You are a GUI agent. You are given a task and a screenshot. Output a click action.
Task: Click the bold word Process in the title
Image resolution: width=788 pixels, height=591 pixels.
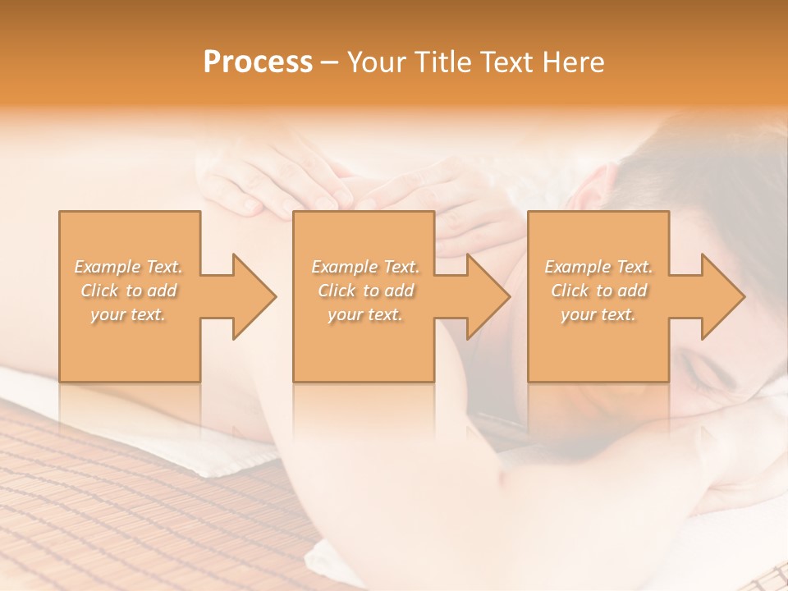(x=258, y=62)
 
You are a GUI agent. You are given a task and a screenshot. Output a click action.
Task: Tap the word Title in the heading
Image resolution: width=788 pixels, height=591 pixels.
(x=442, y=62)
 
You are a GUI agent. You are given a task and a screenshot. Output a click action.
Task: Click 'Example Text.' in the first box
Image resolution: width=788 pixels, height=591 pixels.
(x=129, y=267)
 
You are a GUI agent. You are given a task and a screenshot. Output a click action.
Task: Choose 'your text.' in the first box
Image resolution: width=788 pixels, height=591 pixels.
(x=129, y=314)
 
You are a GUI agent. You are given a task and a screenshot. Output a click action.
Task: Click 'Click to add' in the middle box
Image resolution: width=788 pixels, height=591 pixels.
(x=365, y=291)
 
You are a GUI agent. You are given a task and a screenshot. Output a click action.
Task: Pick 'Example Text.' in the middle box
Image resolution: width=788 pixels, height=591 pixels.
(x=365, y=267)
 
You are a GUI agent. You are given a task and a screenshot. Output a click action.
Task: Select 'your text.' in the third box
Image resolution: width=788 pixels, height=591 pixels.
(x=598, y=314)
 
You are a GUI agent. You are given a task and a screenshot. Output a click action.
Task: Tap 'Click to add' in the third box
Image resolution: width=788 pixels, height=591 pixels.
(x=598, y=291)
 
